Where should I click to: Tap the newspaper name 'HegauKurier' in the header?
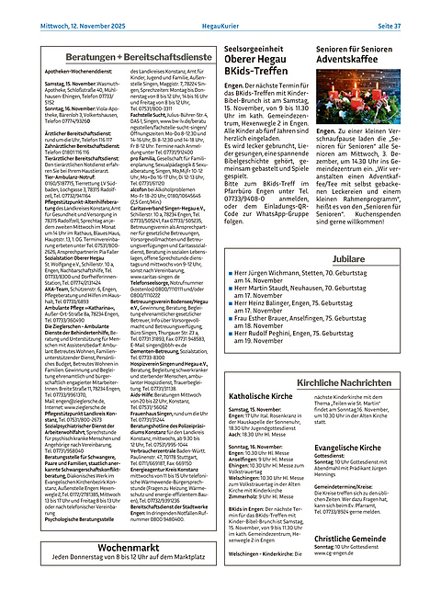pyautogui.click(x=220, y=10)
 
